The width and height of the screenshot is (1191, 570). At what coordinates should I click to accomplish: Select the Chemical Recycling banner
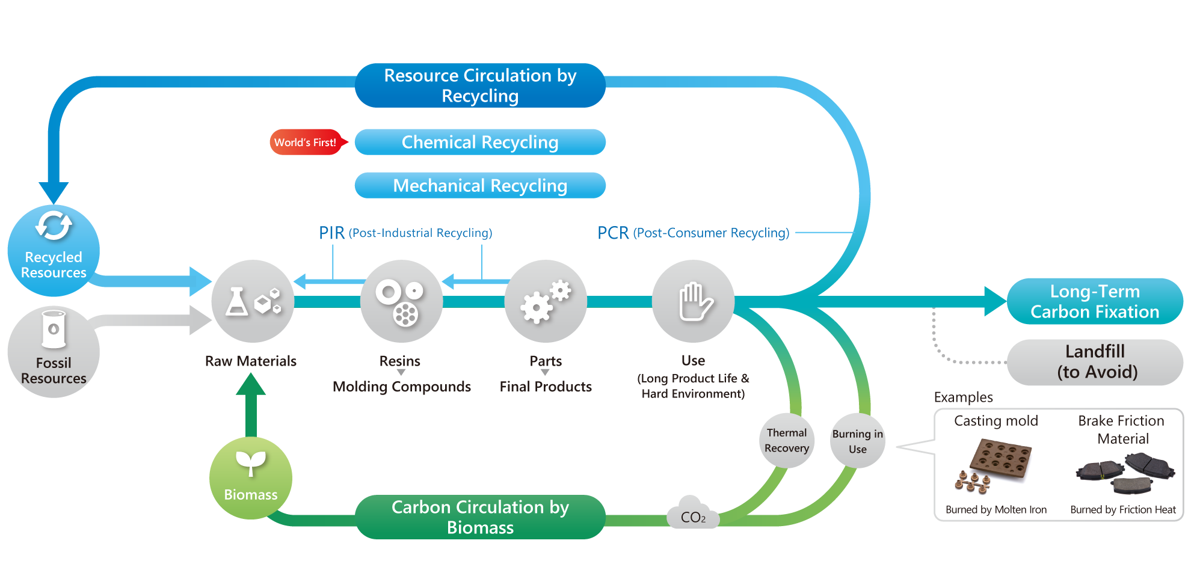click(480, 142)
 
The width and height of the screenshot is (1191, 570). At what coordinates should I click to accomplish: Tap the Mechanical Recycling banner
click(480, 186)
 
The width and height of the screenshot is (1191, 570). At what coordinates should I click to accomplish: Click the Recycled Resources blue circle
click(54, 251)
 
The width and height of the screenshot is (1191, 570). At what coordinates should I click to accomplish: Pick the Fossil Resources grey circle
click(54, 352)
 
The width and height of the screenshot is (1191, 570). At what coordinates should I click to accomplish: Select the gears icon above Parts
click(546, 301)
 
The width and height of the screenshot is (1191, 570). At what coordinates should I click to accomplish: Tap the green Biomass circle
click(251, 478)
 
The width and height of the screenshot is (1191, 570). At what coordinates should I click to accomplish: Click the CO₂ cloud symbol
click(693, 513)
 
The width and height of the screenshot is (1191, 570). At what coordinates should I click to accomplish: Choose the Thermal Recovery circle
click(787, 441)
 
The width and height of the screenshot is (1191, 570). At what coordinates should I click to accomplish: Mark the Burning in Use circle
click(858, 441)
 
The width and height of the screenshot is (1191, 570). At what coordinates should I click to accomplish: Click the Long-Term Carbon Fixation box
click(1095, 301)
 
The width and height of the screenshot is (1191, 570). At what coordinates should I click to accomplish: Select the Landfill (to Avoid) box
click(1095, 362)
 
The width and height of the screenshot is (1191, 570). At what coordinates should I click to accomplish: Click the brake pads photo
click(1124, 472)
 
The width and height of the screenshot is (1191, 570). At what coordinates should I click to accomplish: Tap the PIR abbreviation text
click(331, 233)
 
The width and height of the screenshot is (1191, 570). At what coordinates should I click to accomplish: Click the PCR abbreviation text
click(612, 233)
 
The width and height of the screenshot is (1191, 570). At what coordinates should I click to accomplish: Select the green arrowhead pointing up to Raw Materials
click(251, 385)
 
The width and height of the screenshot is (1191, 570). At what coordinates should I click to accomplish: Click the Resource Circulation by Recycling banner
click(480, 85)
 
